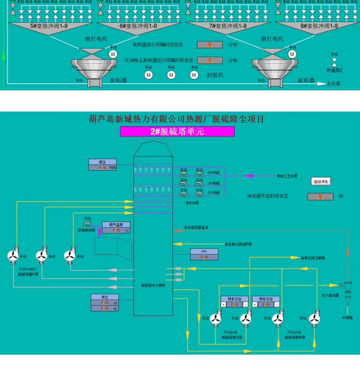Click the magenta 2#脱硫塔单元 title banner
(177, 132)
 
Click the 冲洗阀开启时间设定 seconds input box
(320, 197)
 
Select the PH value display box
(204, 258)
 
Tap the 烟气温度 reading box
(116, 231)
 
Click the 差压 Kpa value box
(102, 167)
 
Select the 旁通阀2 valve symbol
(334, 63)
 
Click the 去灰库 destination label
(334, 84)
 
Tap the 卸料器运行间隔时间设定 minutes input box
(209, 45)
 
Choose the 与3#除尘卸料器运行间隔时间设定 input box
(209, 61)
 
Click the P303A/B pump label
(294, 332)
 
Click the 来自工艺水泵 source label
(287, 176)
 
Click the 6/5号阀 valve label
(214, 172)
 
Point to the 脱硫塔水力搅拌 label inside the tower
(154, 285)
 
